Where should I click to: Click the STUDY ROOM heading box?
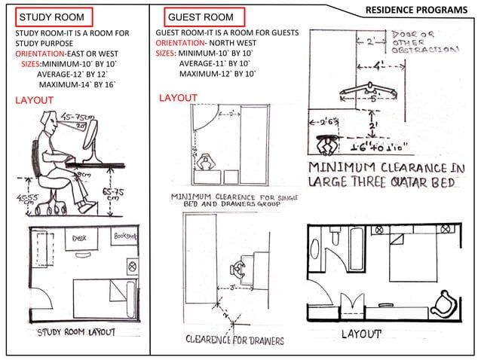click(x=53, y=17)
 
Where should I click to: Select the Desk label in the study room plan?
click(x=80, y=239)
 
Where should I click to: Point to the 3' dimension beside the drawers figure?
click(x=234, y=287)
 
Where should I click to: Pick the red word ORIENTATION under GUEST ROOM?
click(x=180, y=44)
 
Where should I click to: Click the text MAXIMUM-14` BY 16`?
click(x=78, y=84)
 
